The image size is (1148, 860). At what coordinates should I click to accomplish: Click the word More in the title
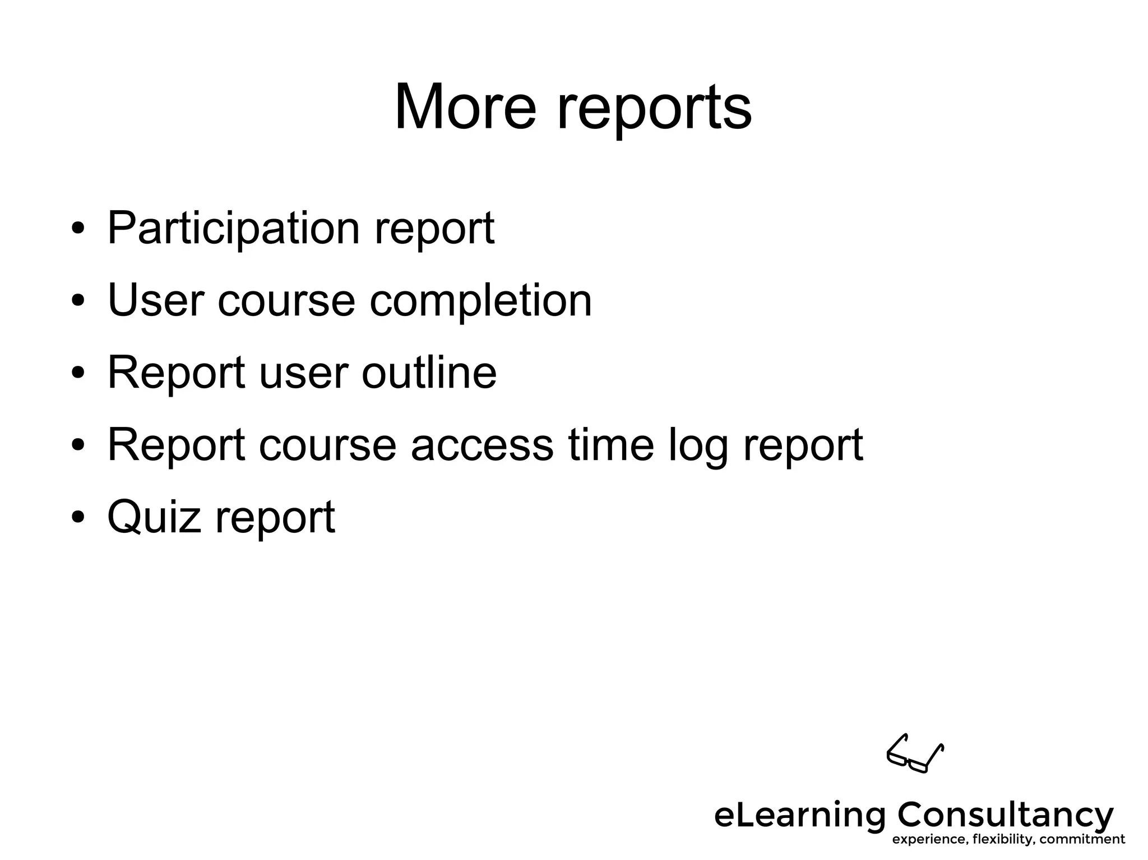[465, 107]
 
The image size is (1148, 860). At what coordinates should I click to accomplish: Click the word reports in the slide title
[654, 109]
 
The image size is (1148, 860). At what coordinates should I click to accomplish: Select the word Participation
[233, 229]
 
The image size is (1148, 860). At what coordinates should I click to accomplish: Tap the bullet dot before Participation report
[78, 229]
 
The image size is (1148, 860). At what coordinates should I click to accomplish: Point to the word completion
[480, 301]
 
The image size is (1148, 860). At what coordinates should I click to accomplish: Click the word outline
[429, 373]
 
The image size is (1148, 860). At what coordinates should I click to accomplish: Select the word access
[482, 445]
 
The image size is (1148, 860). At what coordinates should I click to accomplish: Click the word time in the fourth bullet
[611, 444]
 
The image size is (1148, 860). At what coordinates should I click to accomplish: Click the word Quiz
[154, 517]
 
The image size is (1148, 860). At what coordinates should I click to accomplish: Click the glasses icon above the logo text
[915, 754]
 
